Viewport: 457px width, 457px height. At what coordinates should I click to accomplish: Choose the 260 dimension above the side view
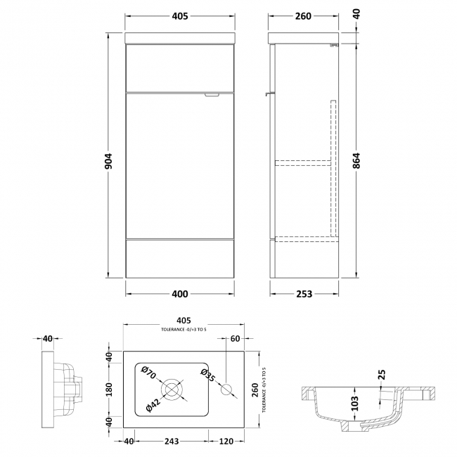click(x=303, y=16)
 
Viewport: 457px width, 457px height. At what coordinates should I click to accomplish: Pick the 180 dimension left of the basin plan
click(x=110, y=389)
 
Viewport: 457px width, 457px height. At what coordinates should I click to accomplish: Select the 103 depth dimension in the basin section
click(x=356, y=403)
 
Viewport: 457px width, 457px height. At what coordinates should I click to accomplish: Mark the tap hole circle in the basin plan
click(x=228, y=389)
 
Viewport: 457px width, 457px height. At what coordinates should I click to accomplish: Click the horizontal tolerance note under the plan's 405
click(x=185, y=330)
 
